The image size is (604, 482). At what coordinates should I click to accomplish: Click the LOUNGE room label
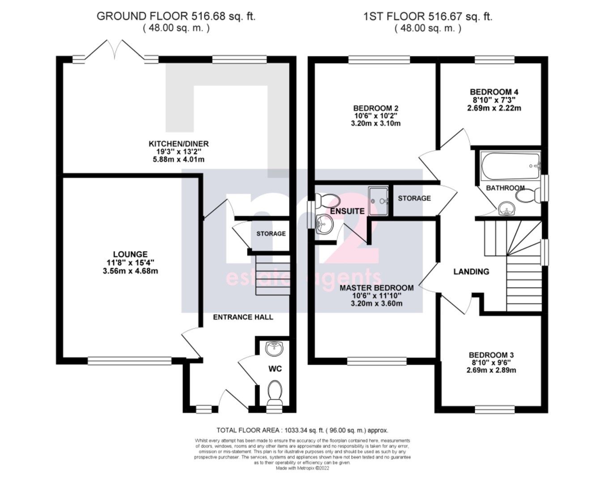[130, 255]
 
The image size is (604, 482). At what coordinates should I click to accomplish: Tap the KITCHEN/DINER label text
[179, 144]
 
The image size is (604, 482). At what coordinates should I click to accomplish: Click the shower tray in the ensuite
[378, 200]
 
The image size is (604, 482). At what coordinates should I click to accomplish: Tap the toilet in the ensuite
[325, 200]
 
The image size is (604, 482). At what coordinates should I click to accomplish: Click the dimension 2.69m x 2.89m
[492, 371]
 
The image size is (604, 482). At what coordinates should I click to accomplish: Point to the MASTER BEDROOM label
[376, 288]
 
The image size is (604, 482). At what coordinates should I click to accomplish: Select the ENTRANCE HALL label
[243, 317]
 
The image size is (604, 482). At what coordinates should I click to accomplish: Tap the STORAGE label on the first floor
[414, 198]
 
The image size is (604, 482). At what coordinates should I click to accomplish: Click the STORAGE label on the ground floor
[271, 234]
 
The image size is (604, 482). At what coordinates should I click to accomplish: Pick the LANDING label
[471, 272]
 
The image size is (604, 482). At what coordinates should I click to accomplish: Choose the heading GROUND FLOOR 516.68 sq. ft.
[176, 17]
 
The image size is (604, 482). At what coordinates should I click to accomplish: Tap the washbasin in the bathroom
[506, 209]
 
